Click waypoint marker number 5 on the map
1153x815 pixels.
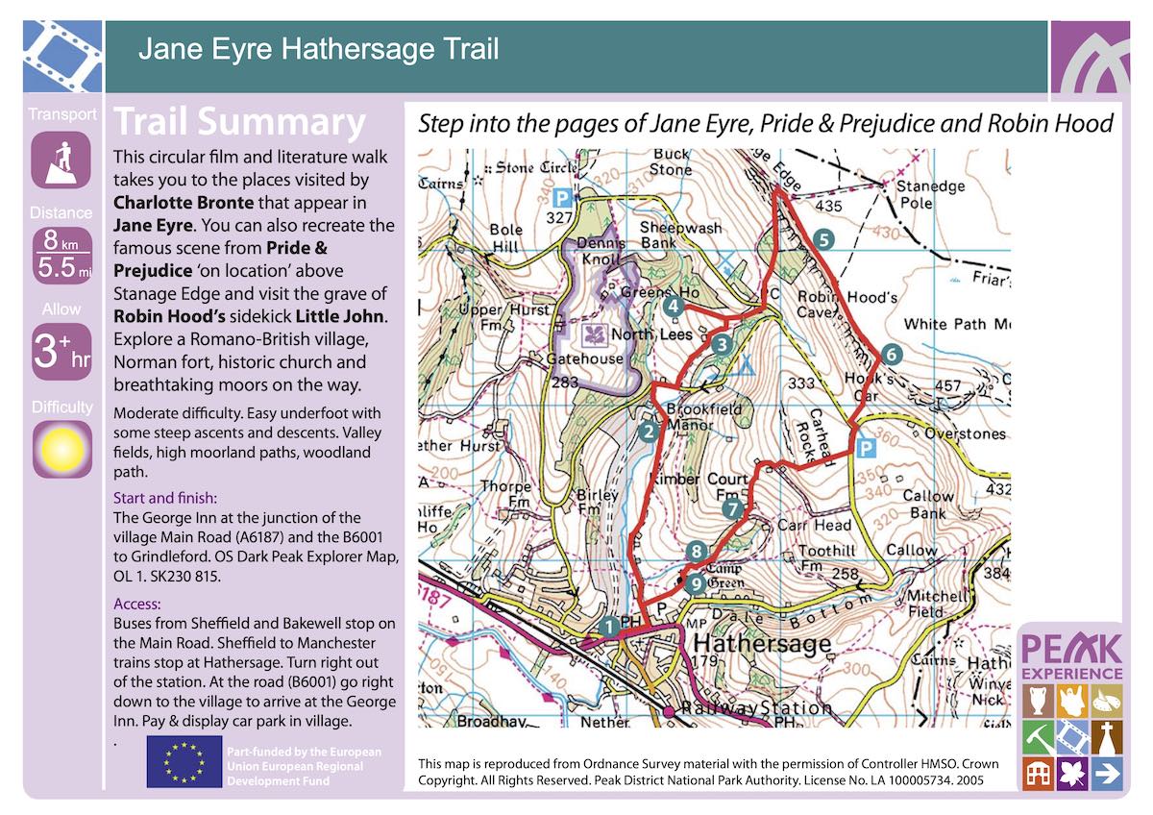822,238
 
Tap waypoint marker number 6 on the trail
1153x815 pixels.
891,354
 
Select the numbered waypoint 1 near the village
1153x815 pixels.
607,627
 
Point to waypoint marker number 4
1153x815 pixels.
674,306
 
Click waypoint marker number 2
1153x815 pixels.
649,432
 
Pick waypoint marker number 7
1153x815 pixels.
733,508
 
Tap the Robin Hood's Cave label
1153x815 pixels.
834,305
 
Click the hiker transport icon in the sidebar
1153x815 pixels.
61,160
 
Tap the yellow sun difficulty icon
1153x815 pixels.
61,449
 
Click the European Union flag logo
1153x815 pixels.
182,762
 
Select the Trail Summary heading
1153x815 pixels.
239,123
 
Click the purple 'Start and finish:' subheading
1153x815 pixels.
165,498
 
